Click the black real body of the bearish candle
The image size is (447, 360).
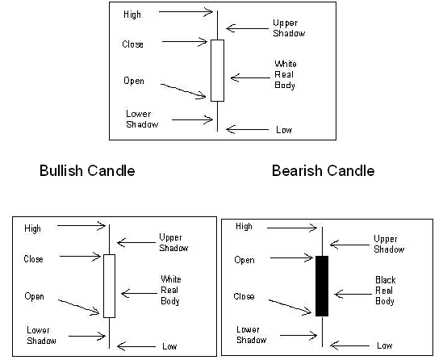coord(322,286)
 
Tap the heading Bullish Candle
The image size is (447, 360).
coord(87,170)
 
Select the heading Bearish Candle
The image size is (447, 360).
coord(324,170)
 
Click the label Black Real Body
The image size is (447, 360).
coord(385,291)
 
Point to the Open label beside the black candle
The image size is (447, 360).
coord(244,260)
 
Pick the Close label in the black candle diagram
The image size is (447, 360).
coord(244,296)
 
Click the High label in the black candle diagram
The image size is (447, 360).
coord(244,227)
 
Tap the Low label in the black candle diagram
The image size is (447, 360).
coord(384,345)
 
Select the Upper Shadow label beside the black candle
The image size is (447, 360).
coord(389,244)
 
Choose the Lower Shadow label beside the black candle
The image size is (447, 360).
coord(251,335)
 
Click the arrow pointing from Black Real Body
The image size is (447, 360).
coord(353,294)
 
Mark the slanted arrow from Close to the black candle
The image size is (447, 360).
coord(290,307)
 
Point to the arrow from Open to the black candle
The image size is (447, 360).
coord(291,257)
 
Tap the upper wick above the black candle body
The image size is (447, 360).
coord(322,241)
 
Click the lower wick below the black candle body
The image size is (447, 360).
coord(322,332)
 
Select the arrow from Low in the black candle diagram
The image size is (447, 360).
coord(349,345)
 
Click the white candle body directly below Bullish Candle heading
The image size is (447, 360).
coord(109,286)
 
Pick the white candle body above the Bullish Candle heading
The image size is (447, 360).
coord(217,70)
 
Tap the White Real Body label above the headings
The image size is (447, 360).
coord(285,74)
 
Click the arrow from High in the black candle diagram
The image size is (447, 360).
coord(291,228)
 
